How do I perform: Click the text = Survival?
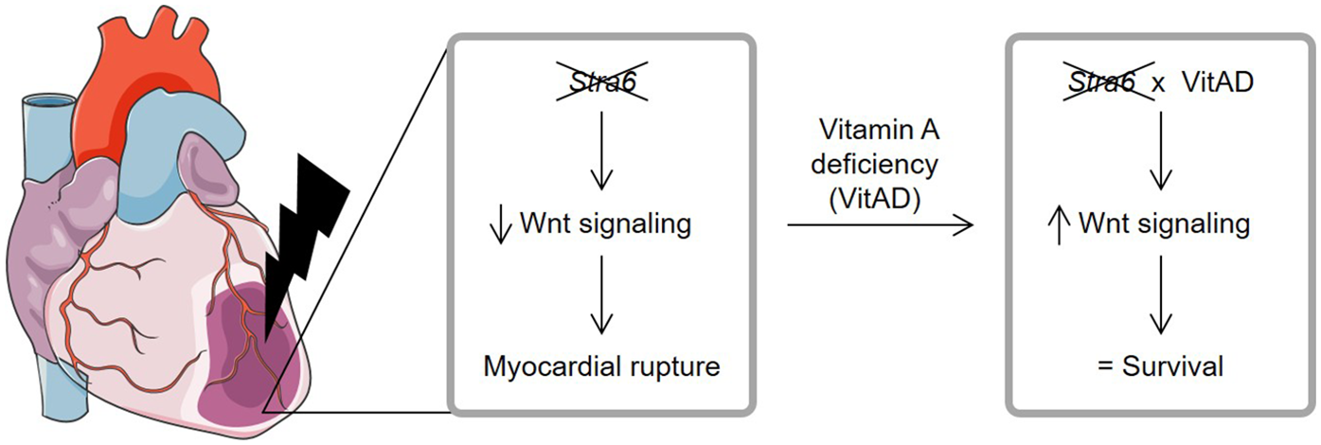click(x=1160, y=365)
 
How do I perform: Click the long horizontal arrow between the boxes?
click(x=880, y=225)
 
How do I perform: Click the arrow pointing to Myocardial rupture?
click(x=601, y=296)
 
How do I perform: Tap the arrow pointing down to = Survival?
click(x=1161, y=296)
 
